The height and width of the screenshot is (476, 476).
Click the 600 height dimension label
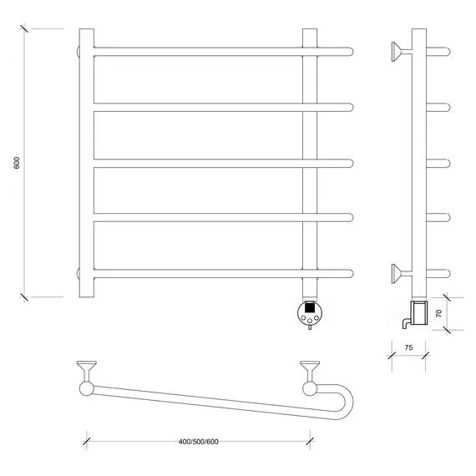[17, 163]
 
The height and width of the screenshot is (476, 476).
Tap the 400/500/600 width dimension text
[199, 442]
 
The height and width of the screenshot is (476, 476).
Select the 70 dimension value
[439, 314]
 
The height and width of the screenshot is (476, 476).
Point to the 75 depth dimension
[408, 347]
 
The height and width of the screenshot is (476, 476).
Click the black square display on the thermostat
[310, 307]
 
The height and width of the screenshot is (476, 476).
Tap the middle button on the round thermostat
[310, 321]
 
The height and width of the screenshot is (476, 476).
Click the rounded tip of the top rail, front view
[351, 52]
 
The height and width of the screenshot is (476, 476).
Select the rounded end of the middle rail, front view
[351, 164]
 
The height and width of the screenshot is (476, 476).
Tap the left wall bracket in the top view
[87, 371]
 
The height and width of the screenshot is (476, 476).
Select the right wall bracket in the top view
[310, 371]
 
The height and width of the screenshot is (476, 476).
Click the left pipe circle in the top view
[87, 389]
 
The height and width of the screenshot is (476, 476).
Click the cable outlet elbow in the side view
[406, 323]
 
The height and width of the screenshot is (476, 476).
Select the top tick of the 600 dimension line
[24, 29]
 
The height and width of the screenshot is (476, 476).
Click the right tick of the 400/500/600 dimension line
[310, 441]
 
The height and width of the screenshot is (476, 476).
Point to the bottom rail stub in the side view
[438, 274]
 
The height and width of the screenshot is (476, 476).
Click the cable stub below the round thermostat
[310, 327]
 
